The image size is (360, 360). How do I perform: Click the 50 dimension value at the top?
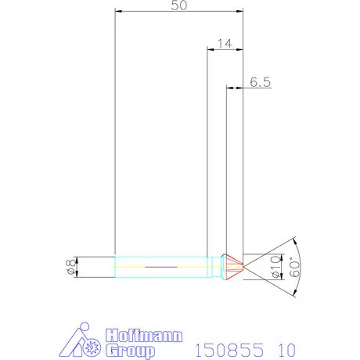[180, 5]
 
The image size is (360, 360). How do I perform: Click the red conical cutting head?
[232, 266]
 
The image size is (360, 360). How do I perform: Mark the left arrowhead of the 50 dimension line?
[117, 12]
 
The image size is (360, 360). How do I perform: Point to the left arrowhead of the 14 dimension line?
[210, 49]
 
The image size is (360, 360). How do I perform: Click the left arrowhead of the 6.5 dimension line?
[229, 88]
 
